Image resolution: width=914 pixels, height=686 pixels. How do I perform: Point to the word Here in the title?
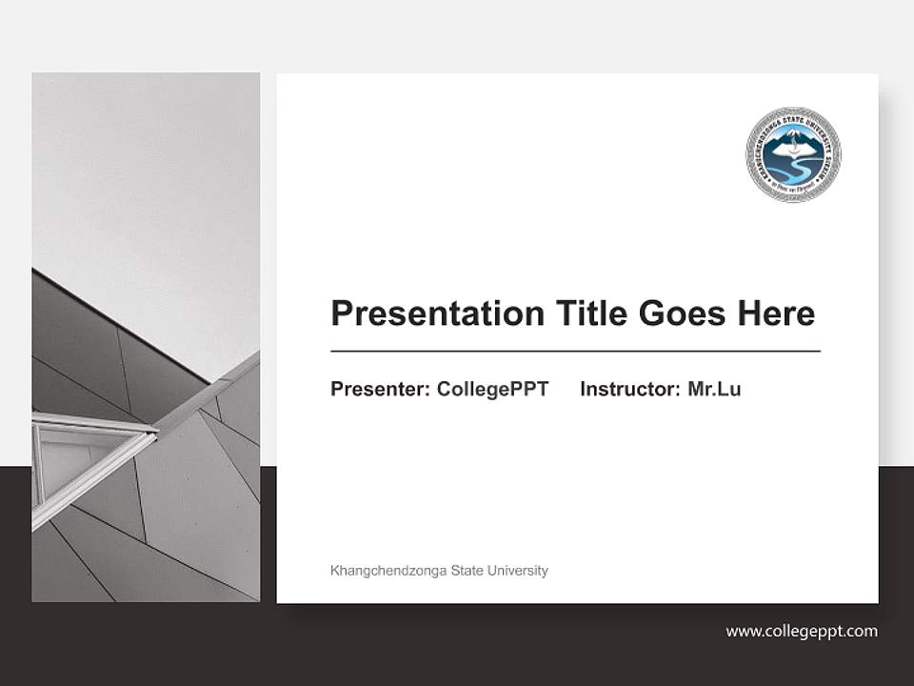coord(777,313)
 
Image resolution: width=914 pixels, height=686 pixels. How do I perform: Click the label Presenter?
coord(380,389)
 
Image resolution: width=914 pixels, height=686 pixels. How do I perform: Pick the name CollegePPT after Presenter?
coord(492,389)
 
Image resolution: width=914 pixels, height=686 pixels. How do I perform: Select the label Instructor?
coord(629,389)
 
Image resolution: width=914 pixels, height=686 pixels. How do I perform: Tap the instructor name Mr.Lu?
coord(714,389)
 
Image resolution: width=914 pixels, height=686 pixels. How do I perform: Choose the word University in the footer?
coord(517,571)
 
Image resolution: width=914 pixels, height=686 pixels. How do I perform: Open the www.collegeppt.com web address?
coord(802,631)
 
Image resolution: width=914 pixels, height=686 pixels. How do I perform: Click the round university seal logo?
coord(793,154)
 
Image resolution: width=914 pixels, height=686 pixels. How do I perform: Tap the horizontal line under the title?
coord(575,352)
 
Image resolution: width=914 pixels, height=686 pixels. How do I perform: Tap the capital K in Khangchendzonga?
coord(334,571)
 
